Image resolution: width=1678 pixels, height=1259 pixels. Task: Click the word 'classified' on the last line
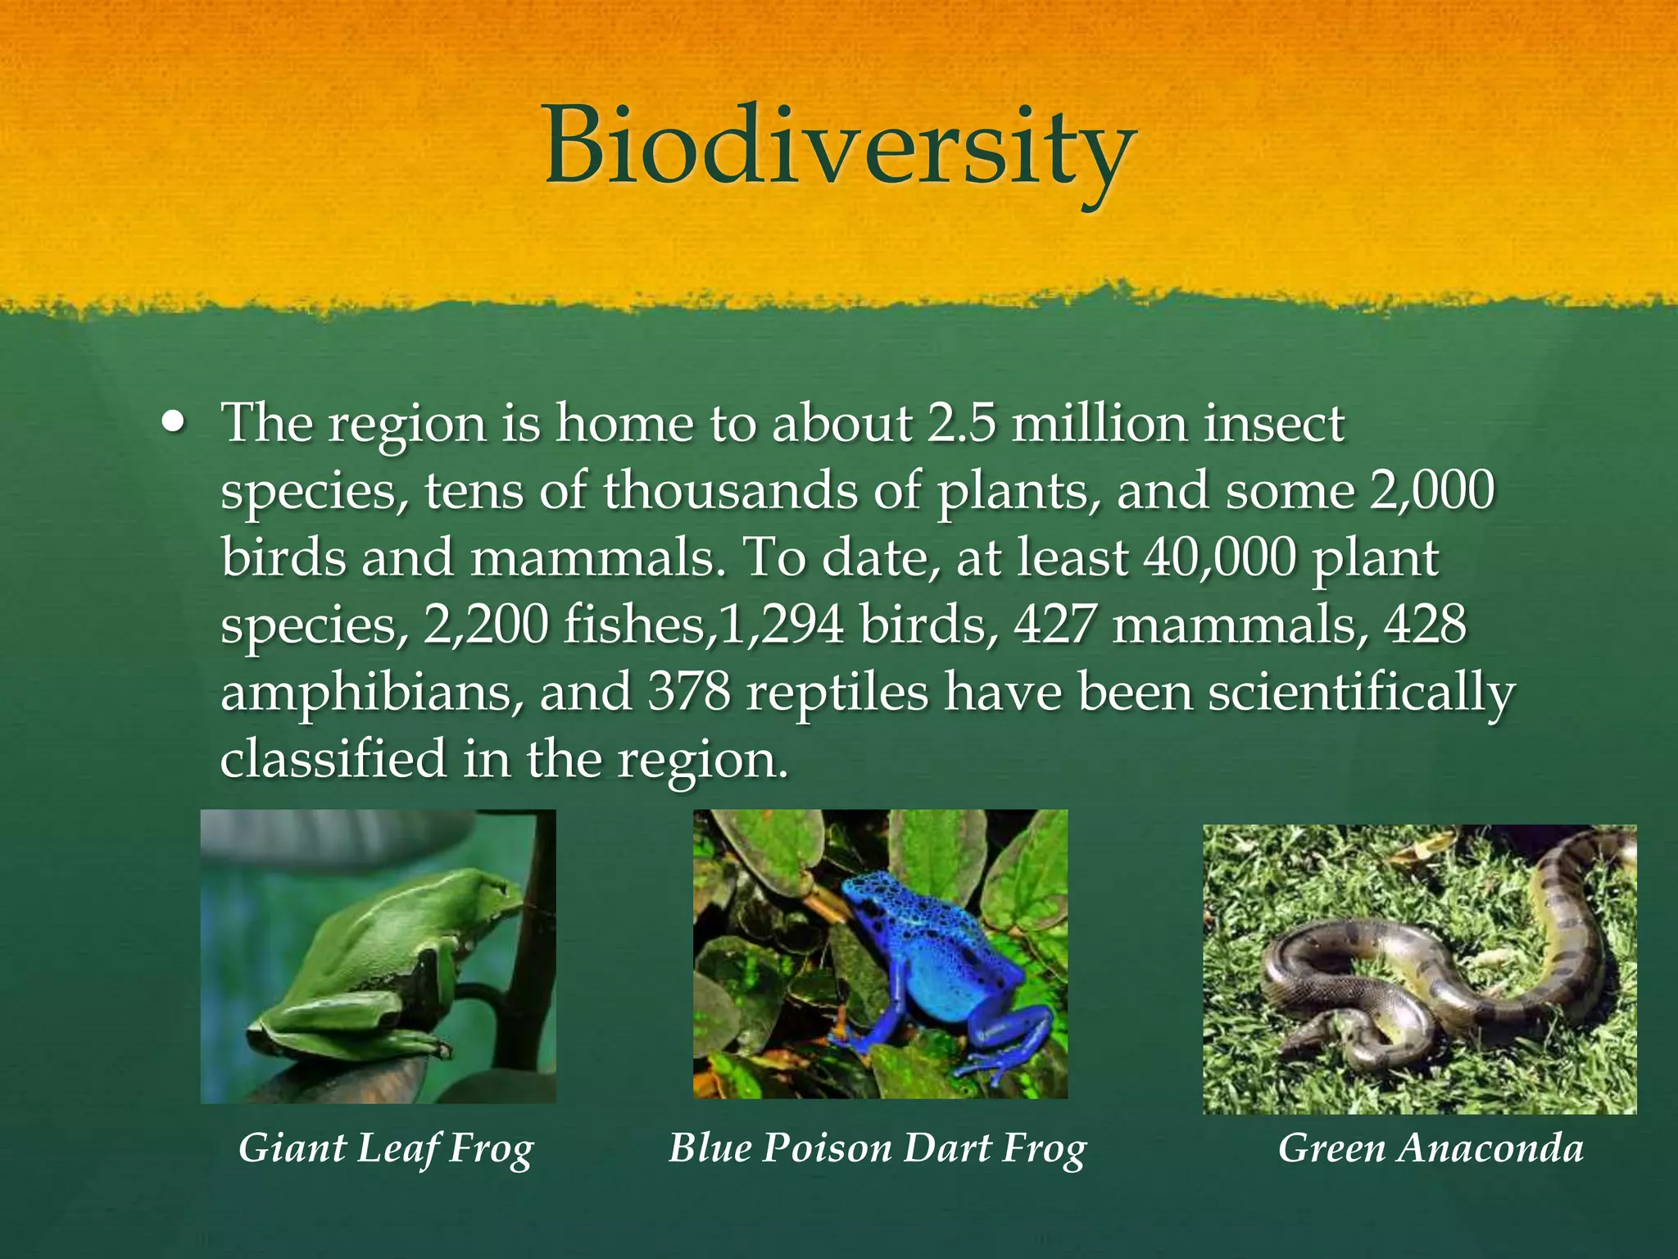coord(333,758)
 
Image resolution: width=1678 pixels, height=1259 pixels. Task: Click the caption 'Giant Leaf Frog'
coord(386,1148)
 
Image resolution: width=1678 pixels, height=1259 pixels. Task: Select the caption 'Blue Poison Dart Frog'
coord(878,1148)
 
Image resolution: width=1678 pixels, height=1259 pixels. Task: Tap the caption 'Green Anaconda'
coord(1431,1148)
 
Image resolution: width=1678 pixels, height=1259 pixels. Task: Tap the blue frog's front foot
coord(852,1041)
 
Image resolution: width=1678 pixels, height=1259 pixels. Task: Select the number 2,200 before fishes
coord(485,625)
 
